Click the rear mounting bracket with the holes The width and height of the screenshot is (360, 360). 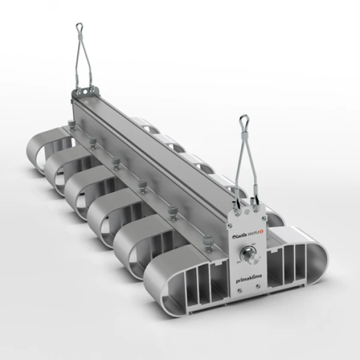tap(82, 92)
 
